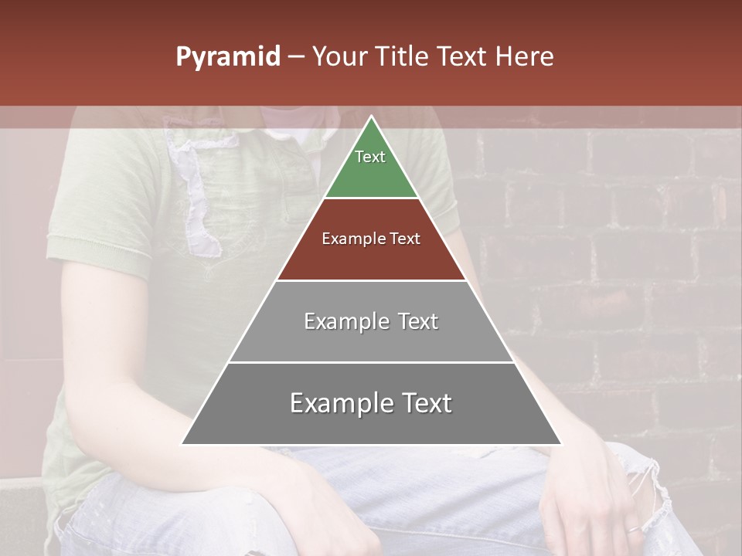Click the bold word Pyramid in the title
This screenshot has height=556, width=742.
(x=228, y=57)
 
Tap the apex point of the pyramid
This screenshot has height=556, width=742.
(x=371, y=117)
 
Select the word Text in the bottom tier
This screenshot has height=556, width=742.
(x=424, y=403)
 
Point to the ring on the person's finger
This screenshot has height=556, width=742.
(x=633, y=529)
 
